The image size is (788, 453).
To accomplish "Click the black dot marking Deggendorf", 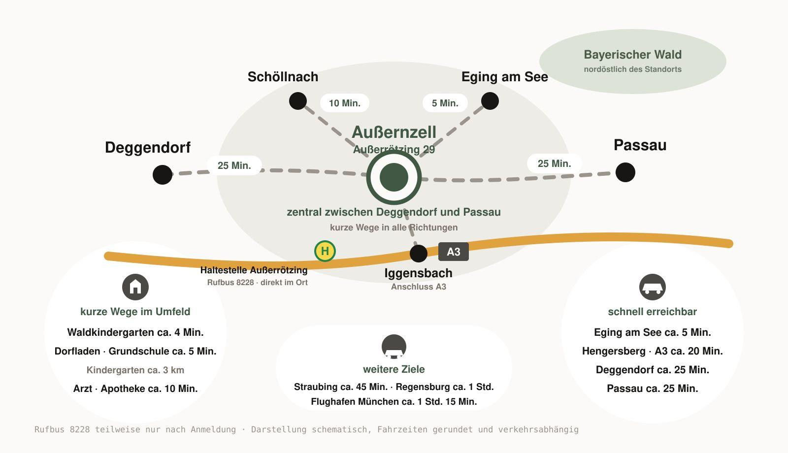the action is [x=163, y=175].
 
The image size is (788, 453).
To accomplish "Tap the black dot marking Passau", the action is [x=625, y=172].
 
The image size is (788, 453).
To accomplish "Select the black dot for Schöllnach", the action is [x=298, y=101].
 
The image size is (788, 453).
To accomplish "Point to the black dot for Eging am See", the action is [x=490, y=101].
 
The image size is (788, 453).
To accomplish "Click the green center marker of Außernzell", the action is [x=394, y=177].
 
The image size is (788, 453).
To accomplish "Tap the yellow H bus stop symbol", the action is [x=325, y=251].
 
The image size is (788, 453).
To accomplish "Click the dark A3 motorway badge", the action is [x=454, y=252].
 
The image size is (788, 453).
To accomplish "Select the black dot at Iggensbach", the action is [x=419, y=254].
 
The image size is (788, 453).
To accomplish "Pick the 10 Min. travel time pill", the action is [x=345, y=103].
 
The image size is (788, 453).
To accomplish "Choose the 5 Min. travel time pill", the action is [x=445, y=103].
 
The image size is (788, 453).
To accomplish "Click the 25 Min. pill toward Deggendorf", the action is [x=234, y=165].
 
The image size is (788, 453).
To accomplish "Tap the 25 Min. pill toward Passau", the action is [x=555, y=163].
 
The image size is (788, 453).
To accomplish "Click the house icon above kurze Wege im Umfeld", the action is [x=135, y=287].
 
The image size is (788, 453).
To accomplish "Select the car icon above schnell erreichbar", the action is [x=653, y=287].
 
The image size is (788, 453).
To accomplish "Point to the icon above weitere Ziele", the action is [x=394, y=347].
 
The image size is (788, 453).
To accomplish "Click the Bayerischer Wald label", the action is [x=633, y=55].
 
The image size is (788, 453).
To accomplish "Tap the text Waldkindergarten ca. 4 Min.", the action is [x=135, y=332].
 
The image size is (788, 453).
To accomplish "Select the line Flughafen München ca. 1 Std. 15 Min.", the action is [x=394, y=402].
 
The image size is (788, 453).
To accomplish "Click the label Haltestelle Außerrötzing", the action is [x=254, y=270].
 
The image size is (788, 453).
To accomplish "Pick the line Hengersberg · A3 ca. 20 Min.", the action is [x=653, y=351].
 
